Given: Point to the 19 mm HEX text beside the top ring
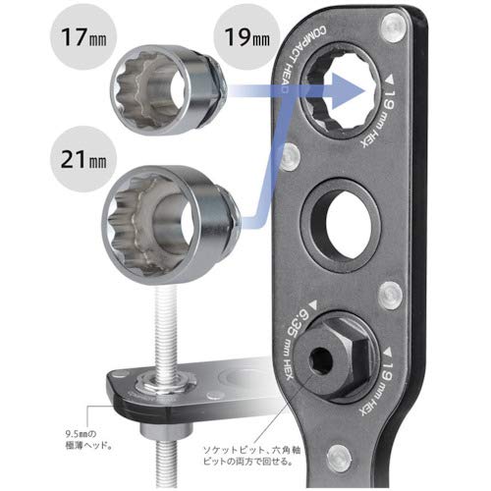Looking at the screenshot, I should [x=390, y=115].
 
